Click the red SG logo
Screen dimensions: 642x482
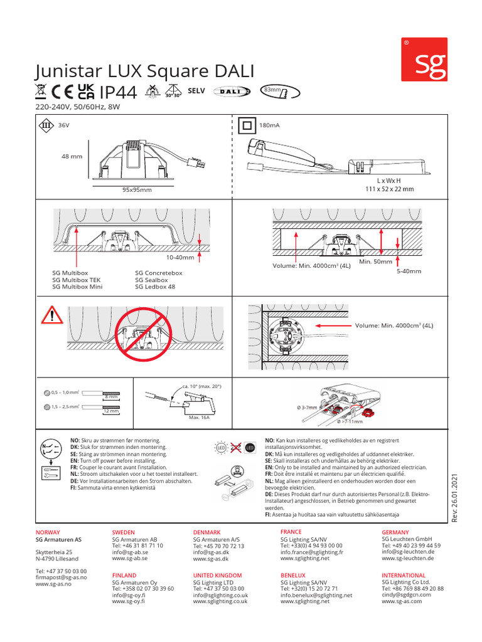point(424,59)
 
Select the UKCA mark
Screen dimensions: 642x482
point(86,92)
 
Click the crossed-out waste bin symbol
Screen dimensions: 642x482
point(41,92)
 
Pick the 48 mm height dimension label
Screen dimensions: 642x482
point(72,156)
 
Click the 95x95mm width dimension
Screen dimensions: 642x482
point(137,189)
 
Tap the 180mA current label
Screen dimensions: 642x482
point(269,125)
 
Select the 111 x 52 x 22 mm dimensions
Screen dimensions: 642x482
point(389,189)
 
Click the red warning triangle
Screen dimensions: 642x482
point(51,315)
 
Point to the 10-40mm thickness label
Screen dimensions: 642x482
point(180,258)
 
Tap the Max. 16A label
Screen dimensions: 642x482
point(198,417)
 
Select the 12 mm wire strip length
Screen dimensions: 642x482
point(111,411)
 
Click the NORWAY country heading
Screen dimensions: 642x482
point(50,532)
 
